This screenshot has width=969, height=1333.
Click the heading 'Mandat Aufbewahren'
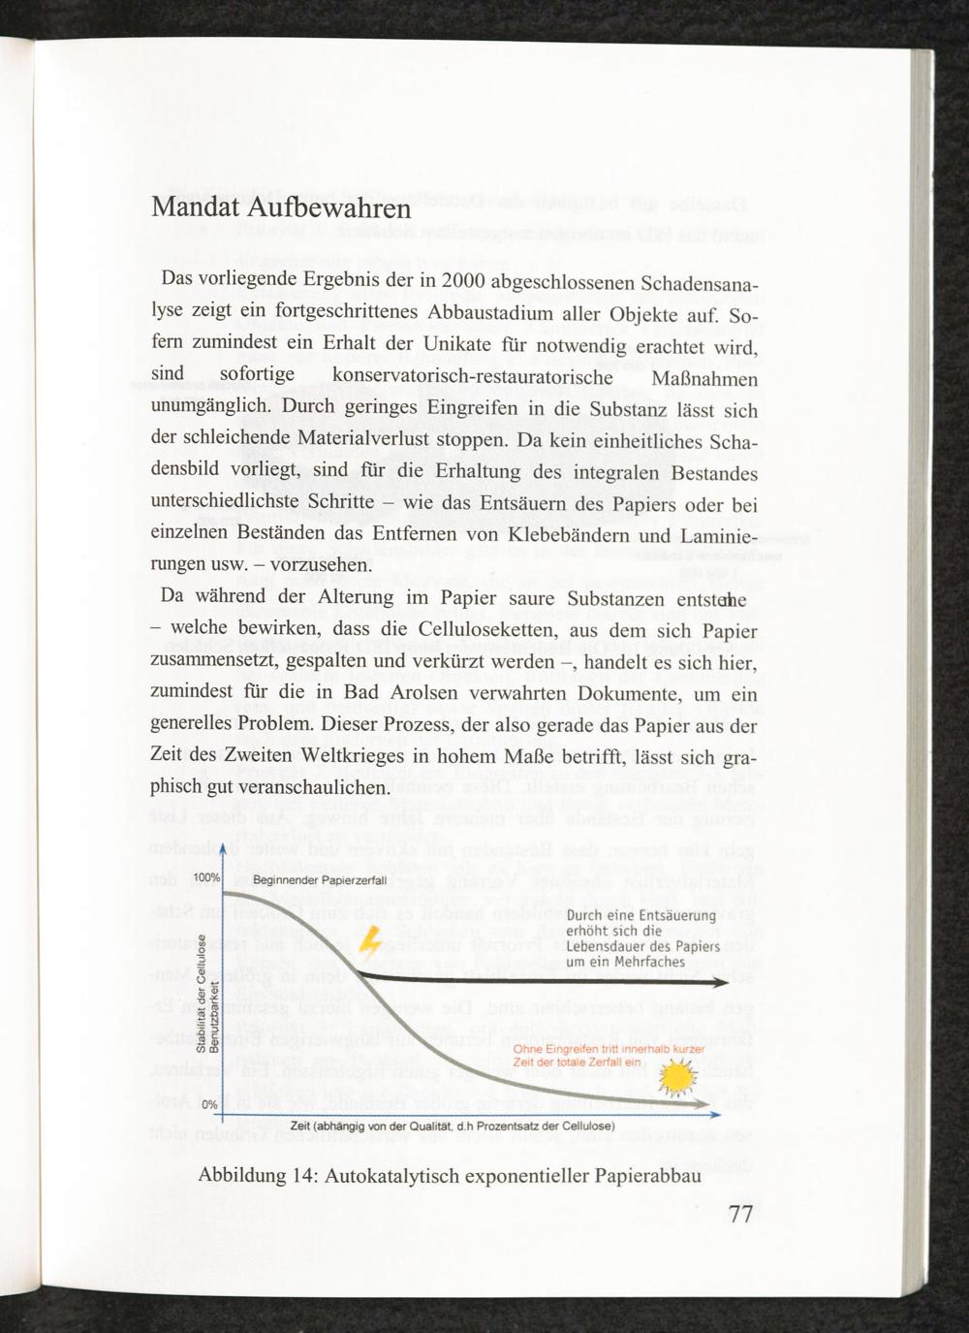(x=281, y=208)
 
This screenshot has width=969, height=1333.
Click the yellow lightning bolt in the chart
(x=369, y=941)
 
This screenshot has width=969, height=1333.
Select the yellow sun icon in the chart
(x=675, y=1076)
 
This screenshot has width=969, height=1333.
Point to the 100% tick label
(x=206, y=877)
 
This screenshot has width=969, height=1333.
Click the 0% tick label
(x=208, y=1104)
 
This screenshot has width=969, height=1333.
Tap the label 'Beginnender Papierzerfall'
(x=320, y=880)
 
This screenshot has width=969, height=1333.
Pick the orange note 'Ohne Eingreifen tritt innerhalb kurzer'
(x=609, y=1049)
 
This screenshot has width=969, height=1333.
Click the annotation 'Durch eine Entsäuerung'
(x=641, y=915)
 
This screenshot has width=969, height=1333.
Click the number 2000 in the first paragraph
(x=463, y=280)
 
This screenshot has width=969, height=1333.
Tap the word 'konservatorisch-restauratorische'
(x=472, y=375)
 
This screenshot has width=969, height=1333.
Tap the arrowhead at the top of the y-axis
(x=223, y=849)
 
